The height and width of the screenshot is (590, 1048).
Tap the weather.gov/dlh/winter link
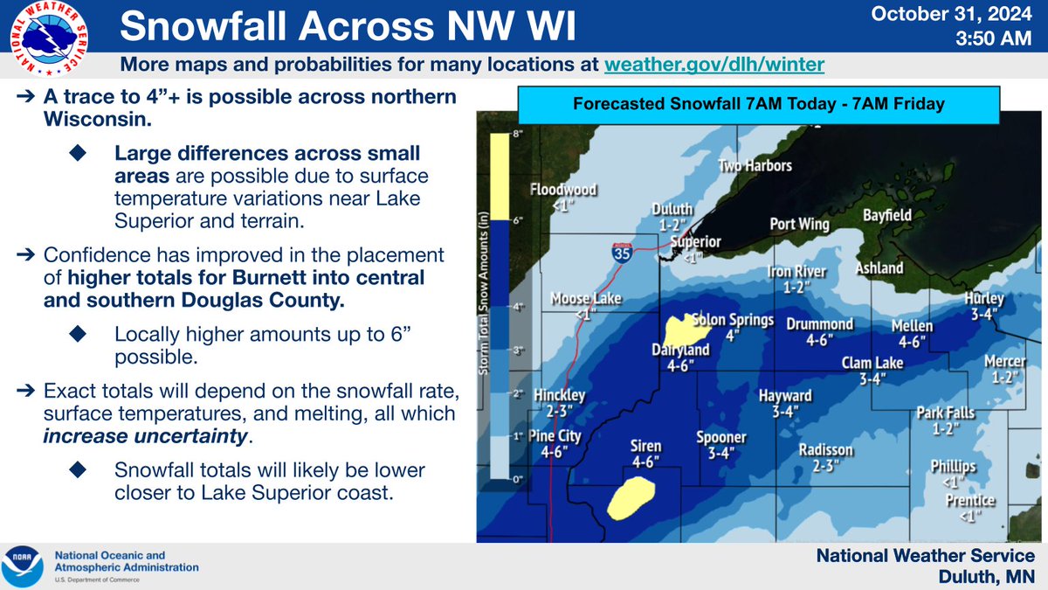(x=714, y=66)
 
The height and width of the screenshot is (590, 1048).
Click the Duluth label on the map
(x=672, y=210)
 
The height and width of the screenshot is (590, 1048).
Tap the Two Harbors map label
(x=755, y=166)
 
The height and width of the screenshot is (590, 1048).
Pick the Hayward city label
(x=785, y=396)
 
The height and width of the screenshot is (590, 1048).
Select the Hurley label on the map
(x=984, y=299)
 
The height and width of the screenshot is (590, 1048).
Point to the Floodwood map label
(x=563, y=190)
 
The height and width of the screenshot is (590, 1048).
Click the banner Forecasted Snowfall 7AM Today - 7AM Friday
(x=758, y=104)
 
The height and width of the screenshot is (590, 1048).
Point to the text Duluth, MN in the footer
(x=986, y=576)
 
